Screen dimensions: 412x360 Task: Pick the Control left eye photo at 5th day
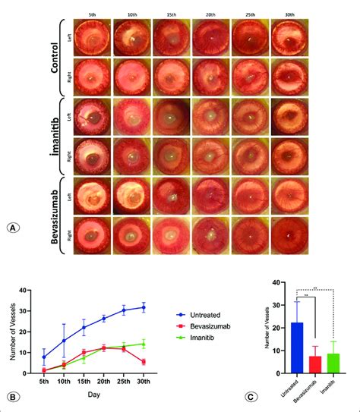(91, 37)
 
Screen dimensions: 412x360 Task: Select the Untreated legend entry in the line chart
(206, 309)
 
